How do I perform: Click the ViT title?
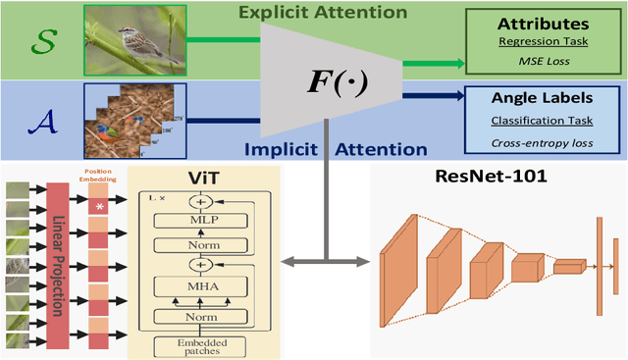[x=203, y=177]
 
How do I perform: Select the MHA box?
[x=204, y=286]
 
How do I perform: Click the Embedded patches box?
[x=204, y=344]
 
